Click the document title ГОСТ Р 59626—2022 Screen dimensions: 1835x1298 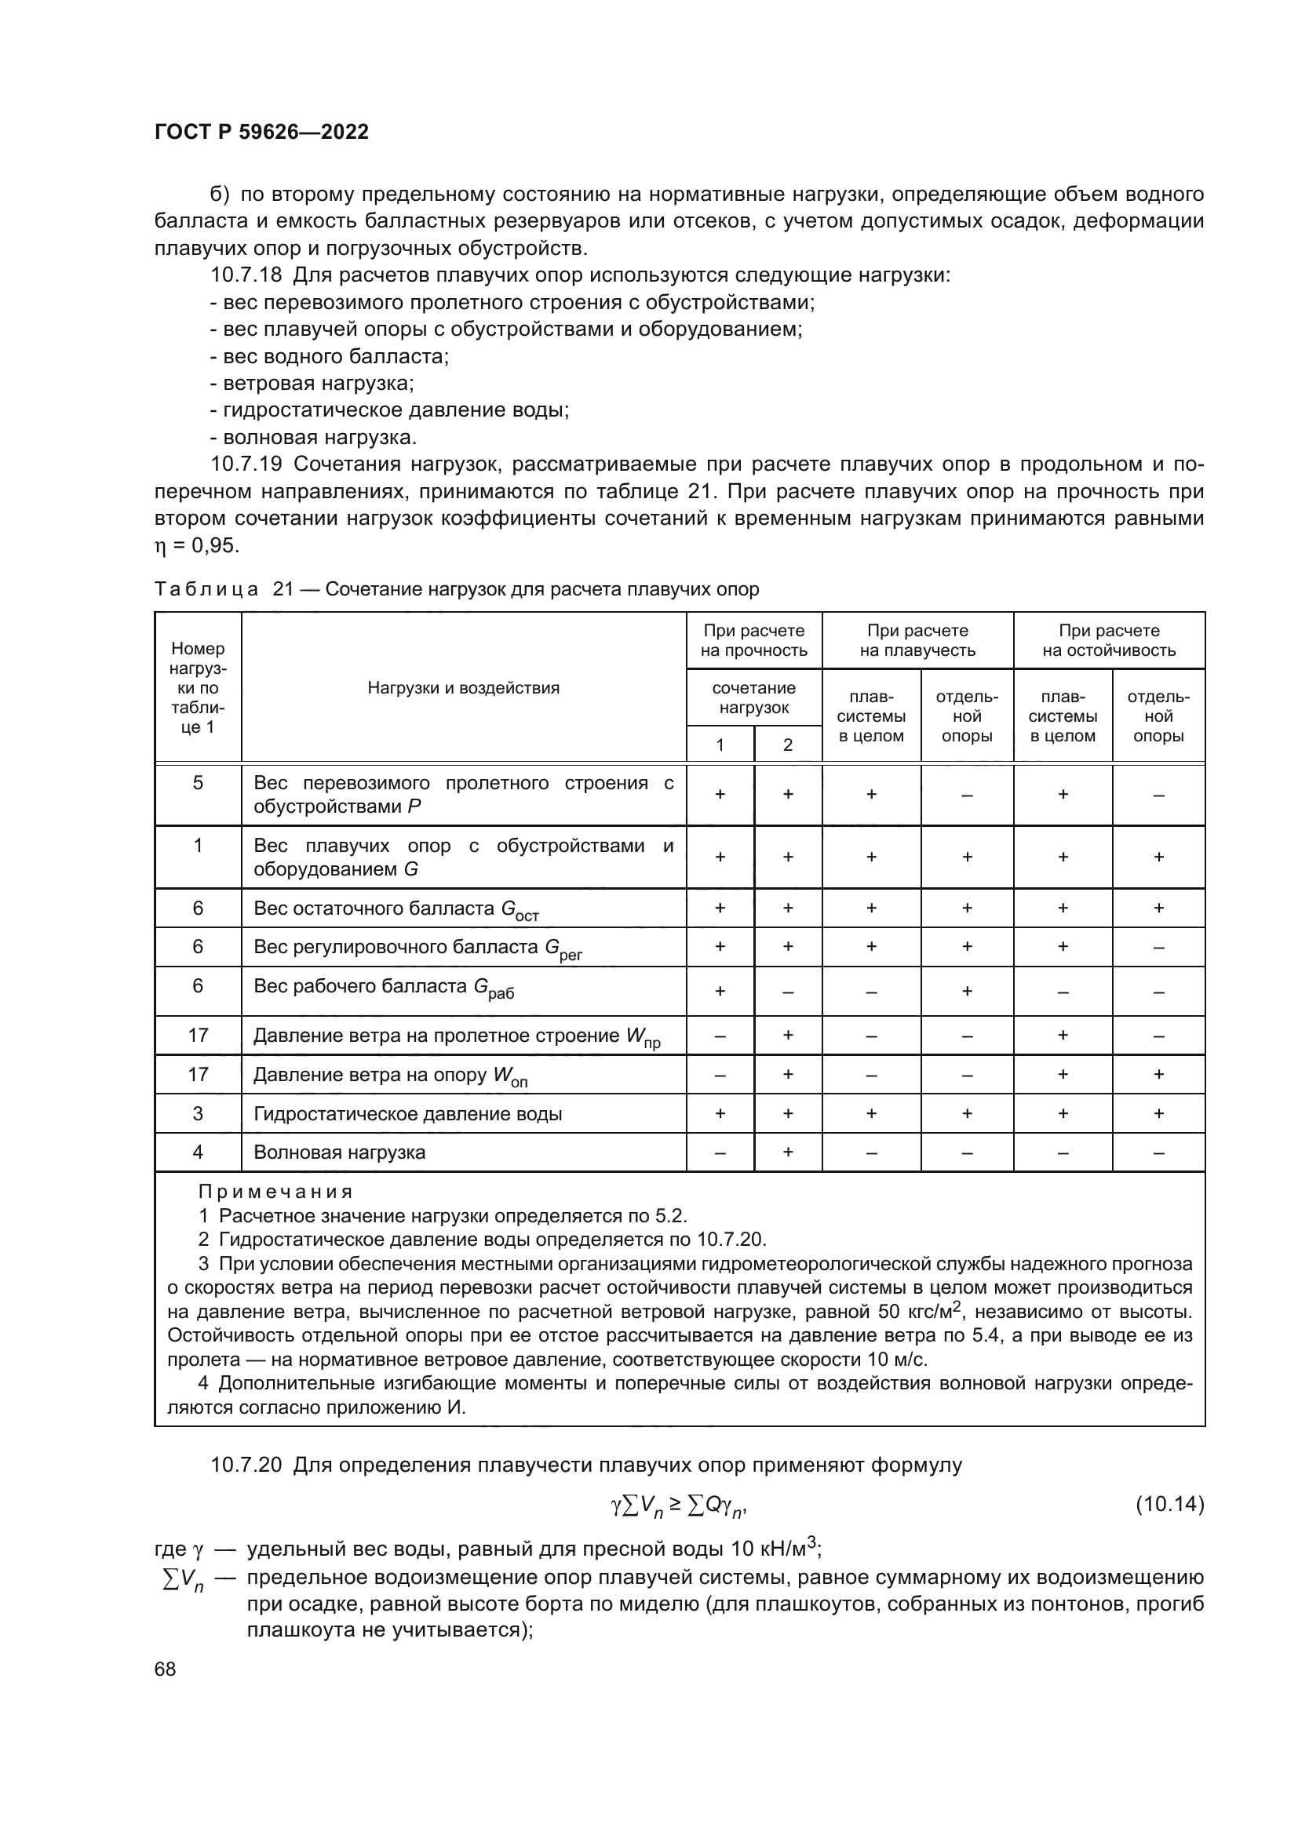[x=261, y=132]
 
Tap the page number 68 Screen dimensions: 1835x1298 [x=166, y=1669]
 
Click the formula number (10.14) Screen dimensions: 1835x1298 [x=1169, y=1505]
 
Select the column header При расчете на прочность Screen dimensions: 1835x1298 [x=753, y=640]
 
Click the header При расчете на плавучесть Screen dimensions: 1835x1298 [x=917, y=640]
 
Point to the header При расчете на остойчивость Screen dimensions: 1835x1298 [x=1109, y=640]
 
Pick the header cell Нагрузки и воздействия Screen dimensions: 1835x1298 [x=463, y=688]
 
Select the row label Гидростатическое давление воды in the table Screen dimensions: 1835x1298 [x=407, y=1114]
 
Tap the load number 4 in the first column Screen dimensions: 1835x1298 [x=198, y=1152]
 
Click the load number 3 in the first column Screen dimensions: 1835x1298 [x=198, y=1114]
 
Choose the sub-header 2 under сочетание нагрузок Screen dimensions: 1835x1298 [x=787, y=745]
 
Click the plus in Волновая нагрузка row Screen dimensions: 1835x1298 [x=787, y=1152]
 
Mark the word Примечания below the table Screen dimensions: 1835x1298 [x=275, y=1192]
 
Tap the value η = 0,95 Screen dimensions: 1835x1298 [x=197, y=546]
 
